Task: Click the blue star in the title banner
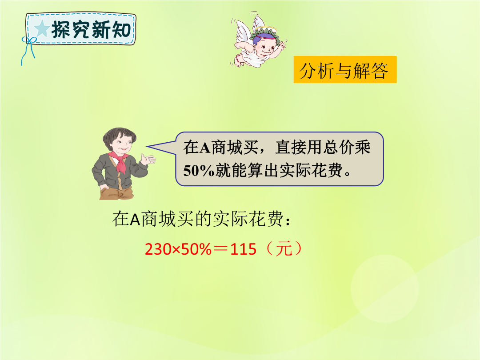tap(42, 29)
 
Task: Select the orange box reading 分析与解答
tap(345, 69)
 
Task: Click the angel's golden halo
tap(266, 30)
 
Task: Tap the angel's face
tap(265, 47)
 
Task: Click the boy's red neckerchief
tap(120, 161)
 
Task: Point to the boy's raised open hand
tap(148, 159)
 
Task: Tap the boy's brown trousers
tap(116, 192)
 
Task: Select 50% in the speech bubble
tap(199, 170)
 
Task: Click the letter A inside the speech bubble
tap(204, 147)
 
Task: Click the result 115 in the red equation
tap(243, 249)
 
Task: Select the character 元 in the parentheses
tap(284, 248)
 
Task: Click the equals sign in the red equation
tap(221, 249)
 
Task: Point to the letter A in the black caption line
tap(135, 219)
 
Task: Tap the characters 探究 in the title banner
tap(71, 29)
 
